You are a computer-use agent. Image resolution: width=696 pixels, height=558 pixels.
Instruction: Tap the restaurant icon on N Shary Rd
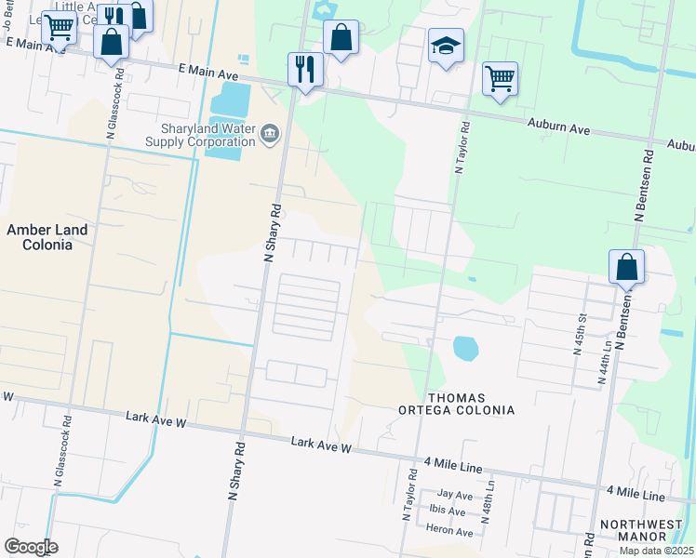pos(305,69)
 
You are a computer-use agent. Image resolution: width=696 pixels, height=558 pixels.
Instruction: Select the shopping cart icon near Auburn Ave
pos(500,79)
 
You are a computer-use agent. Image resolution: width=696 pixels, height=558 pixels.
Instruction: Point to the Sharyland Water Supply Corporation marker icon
pos(270,134)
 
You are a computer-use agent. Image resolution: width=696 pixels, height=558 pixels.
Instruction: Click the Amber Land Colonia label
pos(47,237)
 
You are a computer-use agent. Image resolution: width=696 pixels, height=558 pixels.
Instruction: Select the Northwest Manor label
pos(641,531)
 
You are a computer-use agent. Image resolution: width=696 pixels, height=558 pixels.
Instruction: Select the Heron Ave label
pos(450,531)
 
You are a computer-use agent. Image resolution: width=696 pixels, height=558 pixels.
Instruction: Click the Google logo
pos(31,546)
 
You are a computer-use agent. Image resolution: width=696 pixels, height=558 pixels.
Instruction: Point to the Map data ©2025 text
pos(657,551)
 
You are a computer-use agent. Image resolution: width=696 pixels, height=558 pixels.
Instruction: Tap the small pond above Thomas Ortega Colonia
pos(465,349)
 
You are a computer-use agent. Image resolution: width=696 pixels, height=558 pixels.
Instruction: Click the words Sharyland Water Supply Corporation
pos(200,135)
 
